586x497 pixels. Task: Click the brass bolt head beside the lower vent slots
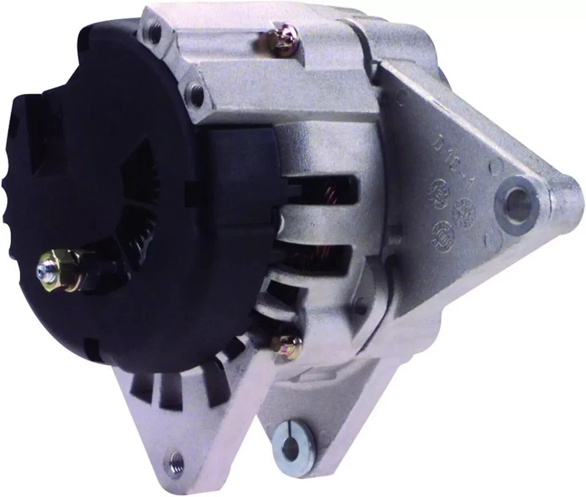(x=292, y=347)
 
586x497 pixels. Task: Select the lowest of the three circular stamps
(x=441, y=232)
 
